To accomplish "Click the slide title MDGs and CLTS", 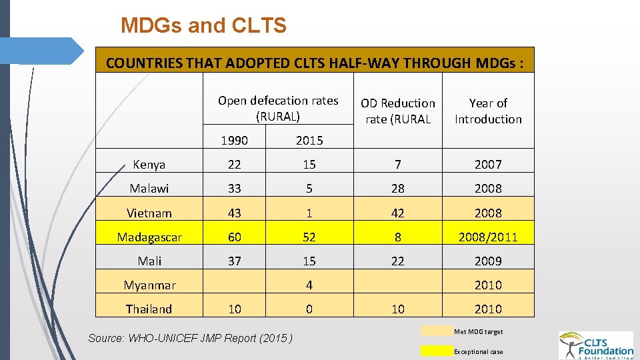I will point(203,26).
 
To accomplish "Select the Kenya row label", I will point(149,164).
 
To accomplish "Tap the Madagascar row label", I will point(149,237).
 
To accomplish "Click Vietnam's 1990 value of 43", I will point(234,213).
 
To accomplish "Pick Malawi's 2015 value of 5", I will point(309,189).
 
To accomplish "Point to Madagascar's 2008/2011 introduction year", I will point(488,237).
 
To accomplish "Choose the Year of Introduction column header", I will point(488,111).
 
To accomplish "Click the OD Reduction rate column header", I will point(397,111).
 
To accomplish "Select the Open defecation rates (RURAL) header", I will point(278,108).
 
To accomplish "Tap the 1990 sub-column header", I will point(234,140).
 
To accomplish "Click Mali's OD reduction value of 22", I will point(397,261).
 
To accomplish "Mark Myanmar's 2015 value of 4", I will point(309,285).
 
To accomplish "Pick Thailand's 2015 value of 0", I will point(309,309).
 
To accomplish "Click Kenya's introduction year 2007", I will point(488,164).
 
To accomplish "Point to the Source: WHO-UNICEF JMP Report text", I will point(191,338).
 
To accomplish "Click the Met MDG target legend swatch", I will point(436,331).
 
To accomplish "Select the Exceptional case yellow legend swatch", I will point(436,351).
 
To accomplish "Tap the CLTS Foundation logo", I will point(596,345).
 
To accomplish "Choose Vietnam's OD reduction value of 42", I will point(397,213).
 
